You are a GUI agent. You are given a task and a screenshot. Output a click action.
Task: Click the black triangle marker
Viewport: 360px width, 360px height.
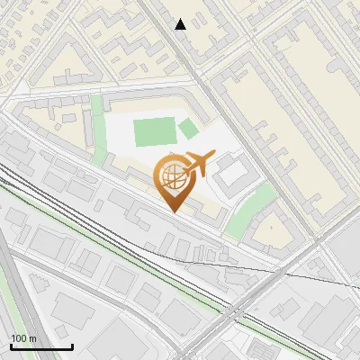181,24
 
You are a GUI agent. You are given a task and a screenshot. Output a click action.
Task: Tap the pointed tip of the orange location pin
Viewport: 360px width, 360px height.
174,211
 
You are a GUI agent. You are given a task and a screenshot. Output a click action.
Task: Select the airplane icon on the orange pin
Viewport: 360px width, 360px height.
197,166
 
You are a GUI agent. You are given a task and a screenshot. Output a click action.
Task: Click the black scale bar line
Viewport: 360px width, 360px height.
41,346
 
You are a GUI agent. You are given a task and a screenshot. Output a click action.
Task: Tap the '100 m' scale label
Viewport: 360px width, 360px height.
23,338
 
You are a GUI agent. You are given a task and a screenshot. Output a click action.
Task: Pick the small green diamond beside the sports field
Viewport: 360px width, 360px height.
188,129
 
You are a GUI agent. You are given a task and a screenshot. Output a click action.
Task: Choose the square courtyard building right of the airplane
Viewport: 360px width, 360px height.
233,172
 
